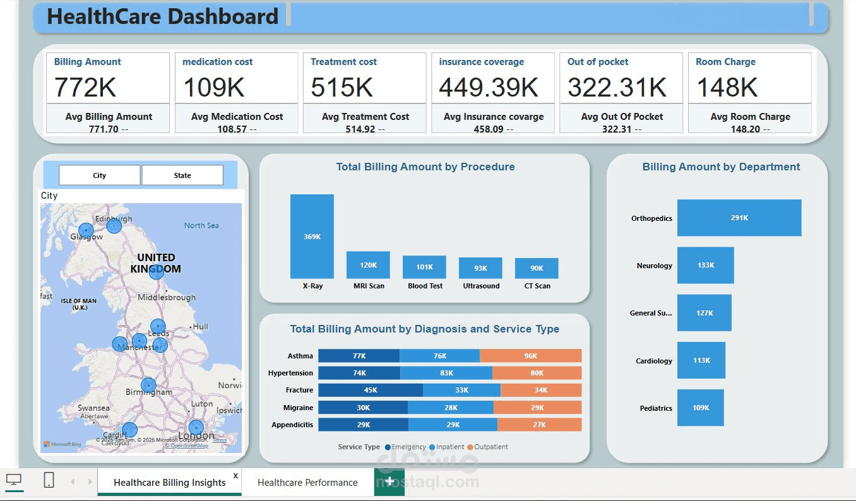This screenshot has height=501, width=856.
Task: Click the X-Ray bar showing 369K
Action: coord(312,236)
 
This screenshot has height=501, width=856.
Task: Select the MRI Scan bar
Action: coord(368,265)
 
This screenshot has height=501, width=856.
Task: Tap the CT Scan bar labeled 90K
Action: coord(537,268)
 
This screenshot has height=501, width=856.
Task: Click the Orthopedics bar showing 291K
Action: coord(739,218)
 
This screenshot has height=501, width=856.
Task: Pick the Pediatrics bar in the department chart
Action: coord(700,408)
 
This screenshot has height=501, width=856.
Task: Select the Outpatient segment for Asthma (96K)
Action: coord(530,356)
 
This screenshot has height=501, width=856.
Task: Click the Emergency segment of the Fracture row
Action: coord(370,390)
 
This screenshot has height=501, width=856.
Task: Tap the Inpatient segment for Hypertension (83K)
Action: coord(446,373)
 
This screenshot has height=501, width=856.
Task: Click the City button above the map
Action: coord(99,175)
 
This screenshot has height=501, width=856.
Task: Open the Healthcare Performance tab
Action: coord(307,483)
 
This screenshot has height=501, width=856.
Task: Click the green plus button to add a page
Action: coord(389,481)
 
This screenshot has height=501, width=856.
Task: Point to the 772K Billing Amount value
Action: coord(85,87)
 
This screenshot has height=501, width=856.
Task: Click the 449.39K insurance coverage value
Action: coord(489,87)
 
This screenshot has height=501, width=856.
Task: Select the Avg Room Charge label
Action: coord(750,117)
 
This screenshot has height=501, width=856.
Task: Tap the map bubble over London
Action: coord(196,428)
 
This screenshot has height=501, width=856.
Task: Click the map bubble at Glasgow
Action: coord(85,231)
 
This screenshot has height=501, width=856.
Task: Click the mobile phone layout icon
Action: coord(49,480)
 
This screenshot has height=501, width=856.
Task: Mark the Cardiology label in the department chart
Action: coord(654,361)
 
